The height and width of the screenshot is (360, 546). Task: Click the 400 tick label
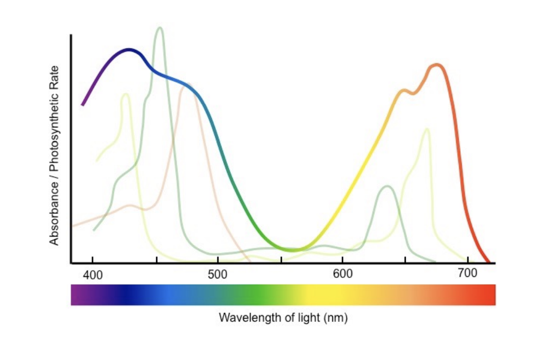coord(92,275)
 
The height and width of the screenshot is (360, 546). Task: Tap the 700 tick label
coord(467,273)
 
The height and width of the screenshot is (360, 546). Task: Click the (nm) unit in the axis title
coord(336,318)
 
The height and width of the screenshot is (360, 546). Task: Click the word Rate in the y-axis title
coord(54,74)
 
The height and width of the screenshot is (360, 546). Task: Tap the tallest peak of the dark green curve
coord(160,28)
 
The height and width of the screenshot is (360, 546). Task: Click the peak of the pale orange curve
coord(187,85)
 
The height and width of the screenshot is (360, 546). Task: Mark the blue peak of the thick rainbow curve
coord(129,50)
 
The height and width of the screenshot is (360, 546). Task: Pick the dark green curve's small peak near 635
coord(387,186)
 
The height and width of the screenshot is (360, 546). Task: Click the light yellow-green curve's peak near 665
coord(426,129)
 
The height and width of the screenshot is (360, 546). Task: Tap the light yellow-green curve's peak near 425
coord(125,94)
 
